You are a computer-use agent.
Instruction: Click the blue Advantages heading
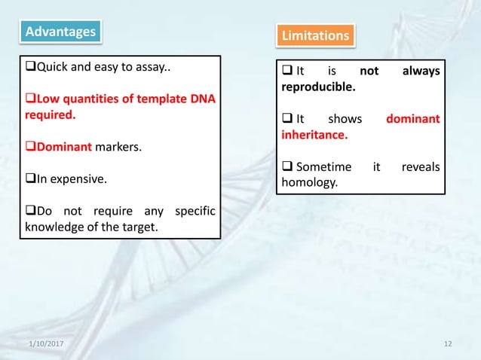point(61,31)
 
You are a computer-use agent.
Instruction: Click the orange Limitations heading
point(315,35)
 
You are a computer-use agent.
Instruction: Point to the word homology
point(309,182)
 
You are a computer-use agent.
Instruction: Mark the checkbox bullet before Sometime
point(287,166)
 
